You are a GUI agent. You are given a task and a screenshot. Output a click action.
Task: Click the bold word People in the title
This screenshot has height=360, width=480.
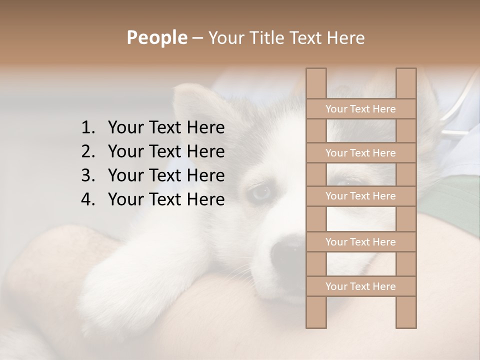156,37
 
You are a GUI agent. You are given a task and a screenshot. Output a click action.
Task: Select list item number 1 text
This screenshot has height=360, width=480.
166,128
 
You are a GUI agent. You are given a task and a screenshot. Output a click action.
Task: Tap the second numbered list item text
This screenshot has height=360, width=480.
166,151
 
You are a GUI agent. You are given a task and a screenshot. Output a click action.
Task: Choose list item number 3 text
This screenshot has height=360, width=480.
166,175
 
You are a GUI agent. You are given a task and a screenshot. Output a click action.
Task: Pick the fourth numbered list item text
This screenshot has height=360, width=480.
166,199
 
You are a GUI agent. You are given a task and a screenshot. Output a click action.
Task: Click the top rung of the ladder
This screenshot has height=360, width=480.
360,109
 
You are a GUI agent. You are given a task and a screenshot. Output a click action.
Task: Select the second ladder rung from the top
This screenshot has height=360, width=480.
360,153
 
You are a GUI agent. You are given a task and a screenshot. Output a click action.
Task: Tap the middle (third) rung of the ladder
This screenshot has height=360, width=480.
360,196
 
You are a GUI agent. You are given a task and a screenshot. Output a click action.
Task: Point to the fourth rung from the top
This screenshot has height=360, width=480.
360,242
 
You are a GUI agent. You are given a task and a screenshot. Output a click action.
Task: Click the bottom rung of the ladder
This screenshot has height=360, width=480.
360,286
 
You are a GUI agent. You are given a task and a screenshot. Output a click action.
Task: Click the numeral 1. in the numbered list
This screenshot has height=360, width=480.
87,128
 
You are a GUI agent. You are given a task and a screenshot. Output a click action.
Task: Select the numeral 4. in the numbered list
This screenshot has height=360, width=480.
87,199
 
